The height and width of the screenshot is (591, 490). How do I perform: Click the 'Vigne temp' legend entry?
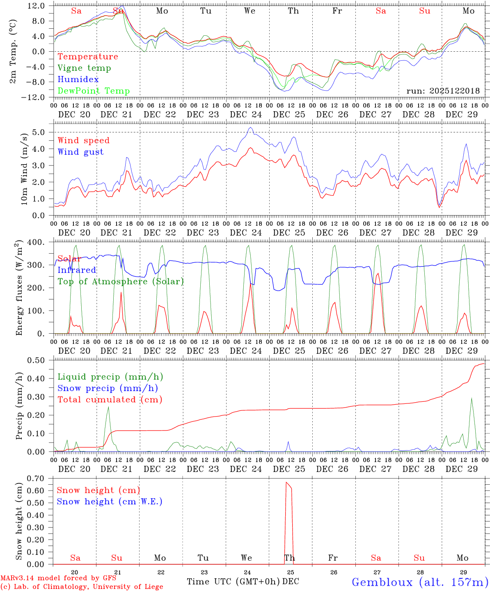tap(84, 68)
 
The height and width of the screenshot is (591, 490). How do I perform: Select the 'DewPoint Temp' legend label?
tap(94, 91)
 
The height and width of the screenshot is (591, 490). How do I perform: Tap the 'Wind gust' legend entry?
tap(80, 152)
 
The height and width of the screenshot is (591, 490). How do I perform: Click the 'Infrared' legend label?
tap(77, 270)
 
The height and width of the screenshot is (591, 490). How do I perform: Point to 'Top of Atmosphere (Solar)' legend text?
tap(121, 282)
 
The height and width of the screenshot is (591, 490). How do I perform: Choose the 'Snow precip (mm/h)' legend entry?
tap(108, 388)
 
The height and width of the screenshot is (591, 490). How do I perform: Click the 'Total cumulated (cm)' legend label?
tap(110, 400)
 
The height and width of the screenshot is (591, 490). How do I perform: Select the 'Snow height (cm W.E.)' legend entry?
tap(110, 502)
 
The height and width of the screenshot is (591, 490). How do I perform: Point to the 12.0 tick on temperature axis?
tap(37, 6)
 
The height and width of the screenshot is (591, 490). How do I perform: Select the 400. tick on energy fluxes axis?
tap(37, 242)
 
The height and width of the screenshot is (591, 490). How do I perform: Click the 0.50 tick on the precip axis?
tap(37, 360)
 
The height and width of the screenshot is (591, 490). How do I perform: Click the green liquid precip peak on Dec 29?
tap(472, 398)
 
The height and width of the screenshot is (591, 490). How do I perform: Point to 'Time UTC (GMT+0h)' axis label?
tap(233, 582)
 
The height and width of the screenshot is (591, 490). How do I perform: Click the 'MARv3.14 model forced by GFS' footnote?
tap(58, 578)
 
